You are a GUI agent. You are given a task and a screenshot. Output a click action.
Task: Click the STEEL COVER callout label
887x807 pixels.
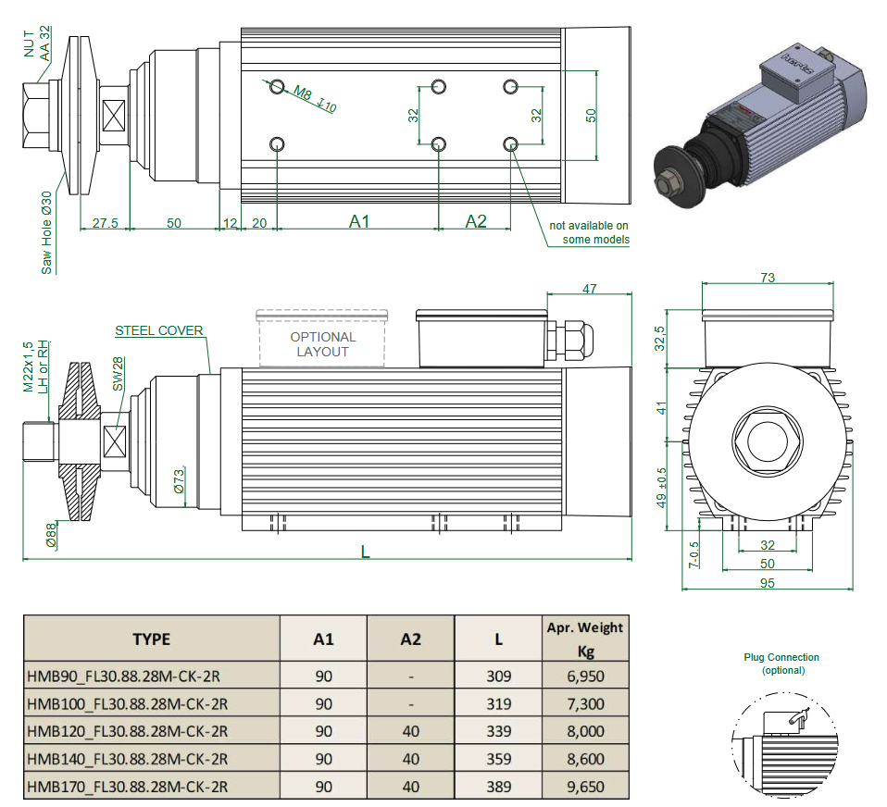(x=158, y=330)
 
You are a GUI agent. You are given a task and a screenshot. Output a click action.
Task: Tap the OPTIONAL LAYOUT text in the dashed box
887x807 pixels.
(x=322, y=344)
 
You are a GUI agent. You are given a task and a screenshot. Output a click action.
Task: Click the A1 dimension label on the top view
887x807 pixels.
(x=359, y=221)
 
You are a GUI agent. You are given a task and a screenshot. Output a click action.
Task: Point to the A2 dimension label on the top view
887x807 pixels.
(x=476, y=221)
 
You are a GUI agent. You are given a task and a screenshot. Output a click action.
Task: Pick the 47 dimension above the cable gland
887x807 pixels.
(x=589, y=290)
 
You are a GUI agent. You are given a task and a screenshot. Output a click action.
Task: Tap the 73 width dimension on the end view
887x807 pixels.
(x=767, y=278)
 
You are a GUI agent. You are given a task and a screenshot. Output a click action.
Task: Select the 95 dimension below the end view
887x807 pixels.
(x=767, y=583)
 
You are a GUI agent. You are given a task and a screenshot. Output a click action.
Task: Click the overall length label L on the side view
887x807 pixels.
(x=366, y=552)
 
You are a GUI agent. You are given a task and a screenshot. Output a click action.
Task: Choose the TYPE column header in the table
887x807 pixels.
(x=151, y=639)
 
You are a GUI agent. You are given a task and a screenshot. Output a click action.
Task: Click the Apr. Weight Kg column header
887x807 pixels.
(x=584, y=639)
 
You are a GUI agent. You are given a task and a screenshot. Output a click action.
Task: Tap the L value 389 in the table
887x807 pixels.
(x=499, y=787)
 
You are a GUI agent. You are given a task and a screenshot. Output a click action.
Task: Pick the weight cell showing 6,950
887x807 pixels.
(x=584, y=677)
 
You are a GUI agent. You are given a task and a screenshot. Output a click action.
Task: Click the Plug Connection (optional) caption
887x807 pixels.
(x=781, y=664)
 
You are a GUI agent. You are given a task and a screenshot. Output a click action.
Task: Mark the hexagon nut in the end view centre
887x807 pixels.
(x=767, y=439)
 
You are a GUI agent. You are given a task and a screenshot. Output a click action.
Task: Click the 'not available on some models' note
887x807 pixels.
(x=589, y=232)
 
